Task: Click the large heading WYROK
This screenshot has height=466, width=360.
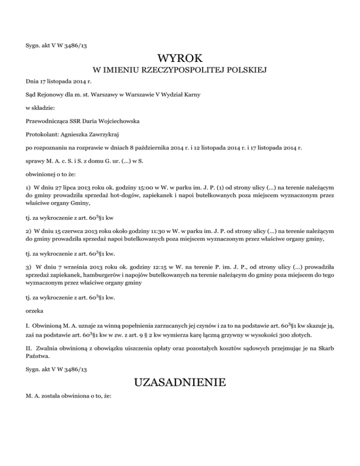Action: click(180, 59)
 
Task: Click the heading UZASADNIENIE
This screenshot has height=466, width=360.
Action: click(180, 383)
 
